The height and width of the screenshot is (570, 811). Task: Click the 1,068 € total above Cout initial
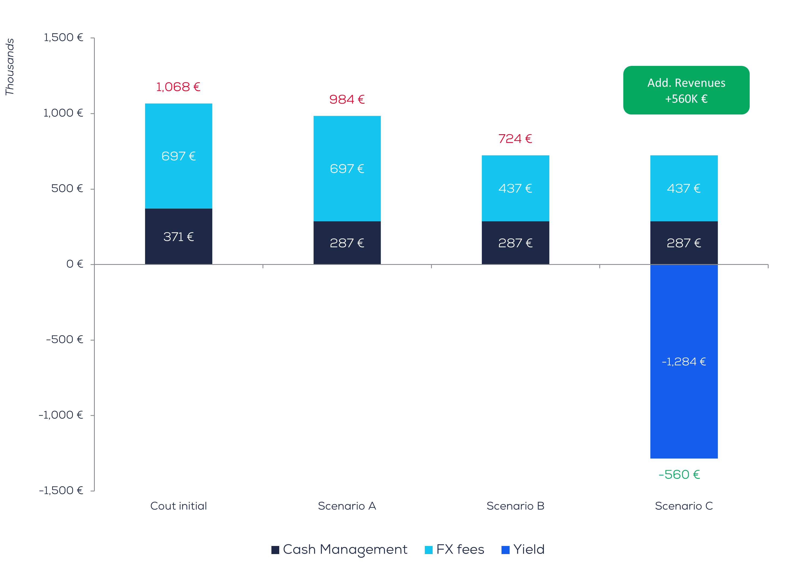point(178,87)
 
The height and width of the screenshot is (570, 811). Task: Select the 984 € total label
point(347,100)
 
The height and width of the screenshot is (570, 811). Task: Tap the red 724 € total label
point(515,139)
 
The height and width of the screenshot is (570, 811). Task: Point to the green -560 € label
point(679,474)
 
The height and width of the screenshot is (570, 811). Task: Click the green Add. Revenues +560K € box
point(686,90)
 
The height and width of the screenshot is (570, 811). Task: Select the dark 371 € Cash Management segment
point(179,237)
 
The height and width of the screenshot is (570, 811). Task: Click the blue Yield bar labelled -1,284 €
point(684,361)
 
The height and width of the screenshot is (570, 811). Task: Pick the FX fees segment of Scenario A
point(347,168)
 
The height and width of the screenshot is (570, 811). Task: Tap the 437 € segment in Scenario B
point(515,188)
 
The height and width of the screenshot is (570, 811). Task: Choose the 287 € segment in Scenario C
point(684,243)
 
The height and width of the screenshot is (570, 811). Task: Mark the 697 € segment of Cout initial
point(179,156)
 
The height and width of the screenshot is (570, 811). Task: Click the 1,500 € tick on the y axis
point(63,38)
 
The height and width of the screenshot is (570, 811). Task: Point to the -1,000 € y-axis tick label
point(61,415)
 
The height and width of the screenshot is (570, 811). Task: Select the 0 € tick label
point(75,264)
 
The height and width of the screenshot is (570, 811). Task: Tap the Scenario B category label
point(515,506)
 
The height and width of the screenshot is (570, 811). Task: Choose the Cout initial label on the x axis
point(179,506)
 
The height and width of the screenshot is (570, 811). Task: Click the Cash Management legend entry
point(339,549)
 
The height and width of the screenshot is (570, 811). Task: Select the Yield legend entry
point(523,549)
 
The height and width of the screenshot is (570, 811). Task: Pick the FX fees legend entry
point(454,549)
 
